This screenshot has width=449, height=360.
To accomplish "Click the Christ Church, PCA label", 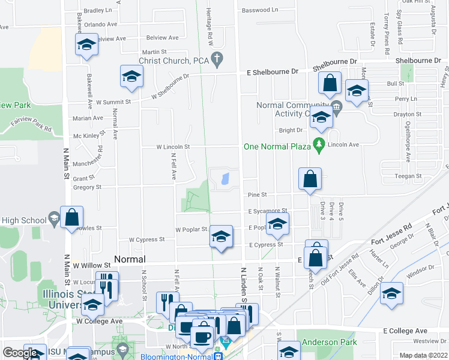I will tap(173, 60).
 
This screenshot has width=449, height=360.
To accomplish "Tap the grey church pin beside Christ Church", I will tap(219, 59).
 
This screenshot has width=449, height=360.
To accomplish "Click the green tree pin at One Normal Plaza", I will tap(319, 145).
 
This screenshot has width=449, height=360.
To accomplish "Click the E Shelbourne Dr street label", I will tap(273, 71).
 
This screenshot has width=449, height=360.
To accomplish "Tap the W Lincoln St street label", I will tap(173, 146).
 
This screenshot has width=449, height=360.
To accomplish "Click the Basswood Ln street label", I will tap(259, 10).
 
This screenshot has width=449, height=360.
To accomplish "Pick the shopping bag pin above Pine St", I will tap(310, 179).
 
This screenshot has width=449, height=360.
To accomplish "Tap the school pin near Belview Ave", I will tap(86, 45).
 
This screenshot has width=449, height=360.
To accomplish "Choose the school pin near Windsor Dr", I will tap(391, 295).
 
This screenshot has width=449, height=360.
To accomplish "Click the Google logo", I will tap(20, 353).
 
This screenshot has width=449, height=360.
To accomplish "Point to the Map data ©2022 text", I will tap(423, 355).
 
